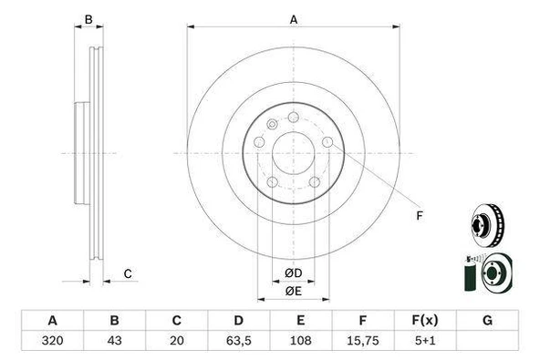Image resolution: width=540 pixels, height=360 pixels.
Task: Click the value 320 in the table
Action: click(x=52, y=340)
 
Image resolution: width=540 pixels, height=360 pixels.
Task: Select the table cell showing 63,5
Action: click(x=239, y=340)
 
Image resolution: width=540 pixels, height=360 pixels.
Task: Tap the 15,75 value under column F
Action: click(x=363, y=340)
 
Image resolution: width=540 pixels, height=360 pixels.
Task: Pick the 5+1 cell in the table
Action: click(x=425, y=340)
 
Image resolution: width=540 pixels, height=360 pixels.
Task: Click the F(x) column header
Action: click(x=425, y=321)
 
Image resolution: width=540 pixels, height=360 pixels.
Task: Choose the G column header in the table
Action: click(x=487, y=321)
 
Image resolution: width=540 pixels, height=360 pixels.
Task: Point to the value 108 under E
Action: click(x=301, y=340)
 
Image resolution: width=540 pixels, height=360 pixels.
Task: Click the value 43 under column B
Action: click(x=114, y=340)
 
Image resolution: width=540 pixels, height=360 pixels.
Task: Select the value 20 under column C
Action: click(x=177, y=340)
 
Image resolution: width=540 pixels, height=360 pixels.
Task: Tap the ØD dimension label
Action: click(x=294, y=273)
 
